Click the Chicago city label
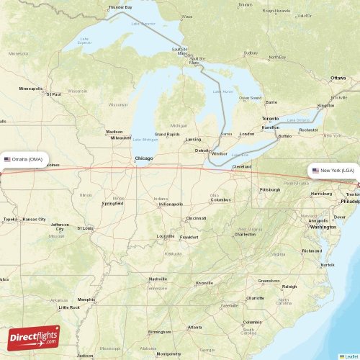click(x=143, y=158)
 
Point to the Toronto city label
click(x=270, y=118)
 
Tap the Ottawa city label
click(x=338, y=77)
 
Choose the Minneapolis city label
click(x=31, y=89)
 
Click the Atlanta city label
click(x=194, y=328)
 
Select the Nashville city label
click(x=158, y=279)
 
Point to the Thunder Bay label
click(x=120, y=7)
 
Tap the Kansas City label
click(x=34, y=219)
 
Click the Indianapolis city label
click(x=170, y=204)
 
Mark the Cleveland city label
click(x=241, y=167)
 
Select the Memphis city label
click(x=86, y=300)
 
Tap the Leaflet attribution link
click(x=351, y=356)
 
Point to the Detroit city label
click(x=202, y=150)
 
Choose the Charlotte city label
click(x=255, y=297)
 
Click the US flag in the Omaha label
click(x=7, y=159)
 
